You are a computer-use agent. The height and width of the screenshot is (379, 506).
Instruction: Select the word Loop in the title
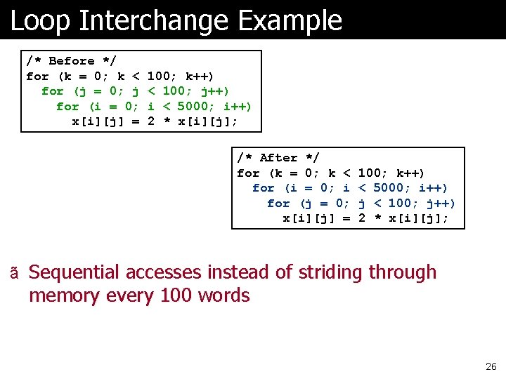41,21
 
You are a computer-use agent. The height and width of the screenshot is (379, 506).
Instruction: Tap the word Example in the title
290,21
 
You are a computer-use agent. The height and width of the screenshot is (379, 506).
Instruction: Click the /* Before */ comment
71,61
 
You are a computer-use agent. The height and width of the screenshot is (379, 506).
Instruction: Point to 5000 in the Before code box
193,107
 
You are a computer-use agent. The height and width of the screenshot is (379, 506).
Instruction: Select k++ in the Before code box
200,77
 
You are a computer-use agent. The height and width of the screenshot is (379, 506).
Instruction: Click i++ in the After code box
434,188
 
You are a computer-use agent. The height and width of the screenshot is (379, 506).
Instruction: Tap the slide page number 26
491,366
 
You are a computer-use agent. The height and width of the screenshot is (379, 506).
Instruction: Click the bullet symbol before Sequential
14,273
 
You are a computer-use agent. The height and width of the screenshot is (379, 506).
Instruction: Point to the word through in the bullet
403,272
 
